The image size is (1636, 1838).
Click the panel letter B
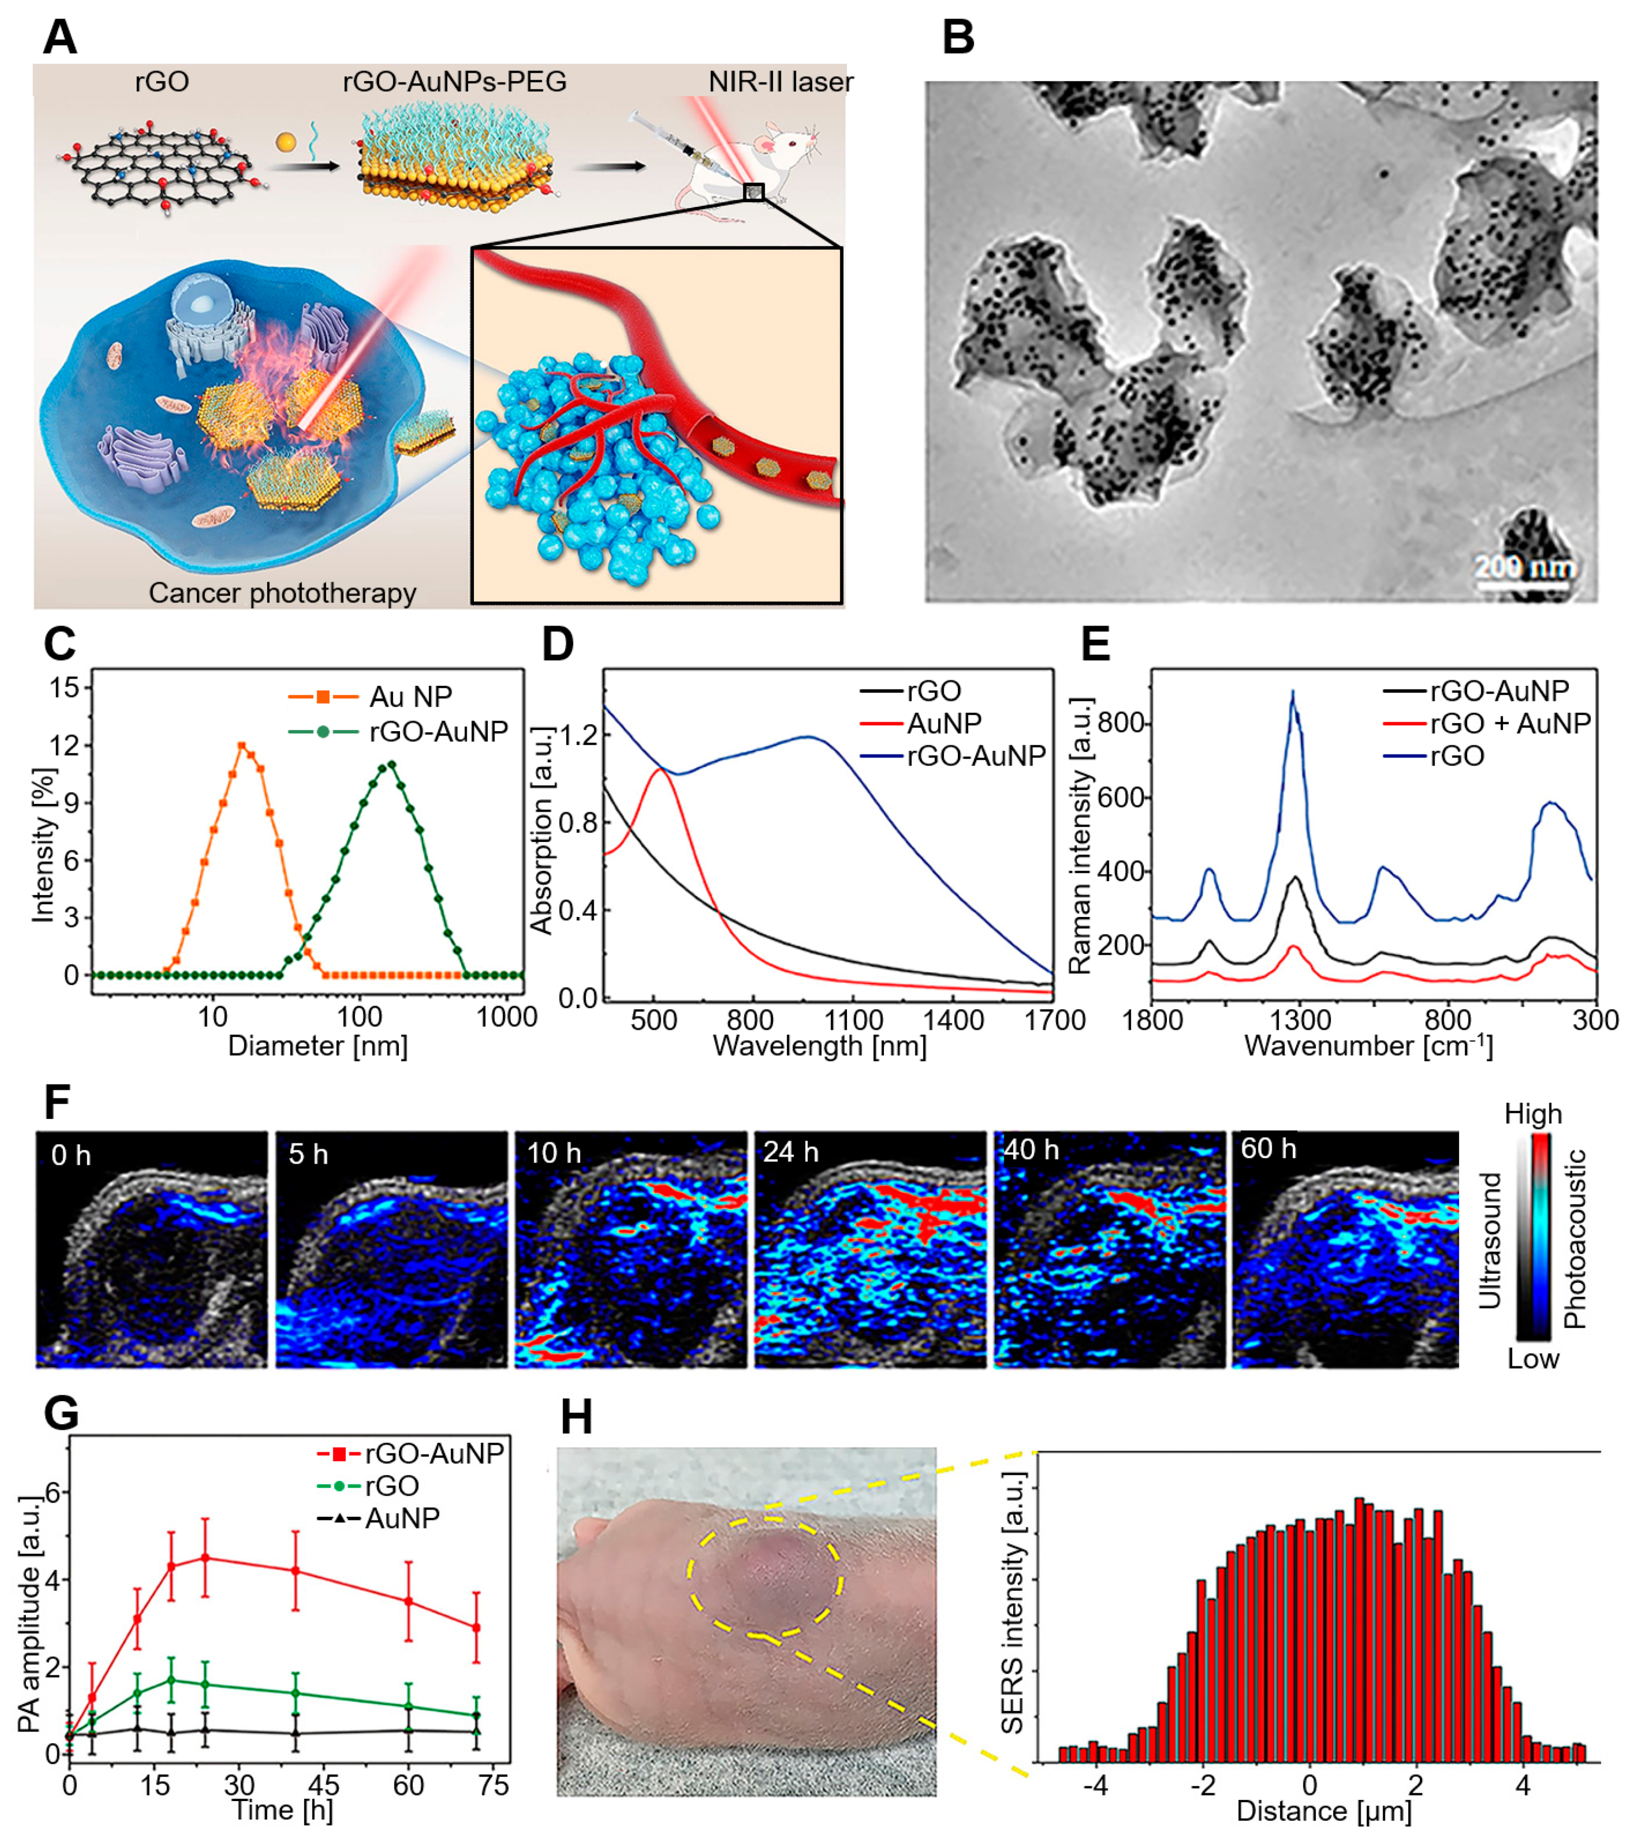tap(958, 38)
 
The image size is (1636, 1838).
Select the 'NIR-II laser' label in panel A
tap(780, 82)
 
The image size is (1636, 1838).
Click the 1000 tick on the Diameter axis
tap(506, 1017)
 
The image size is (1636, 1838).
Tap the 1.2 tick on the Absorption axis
tap(578, 735)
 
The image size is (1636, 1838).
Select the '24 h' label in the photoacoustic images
tap(791, 1152)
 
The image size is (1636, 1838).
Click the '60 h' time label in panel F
tap(1268, 1148)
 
